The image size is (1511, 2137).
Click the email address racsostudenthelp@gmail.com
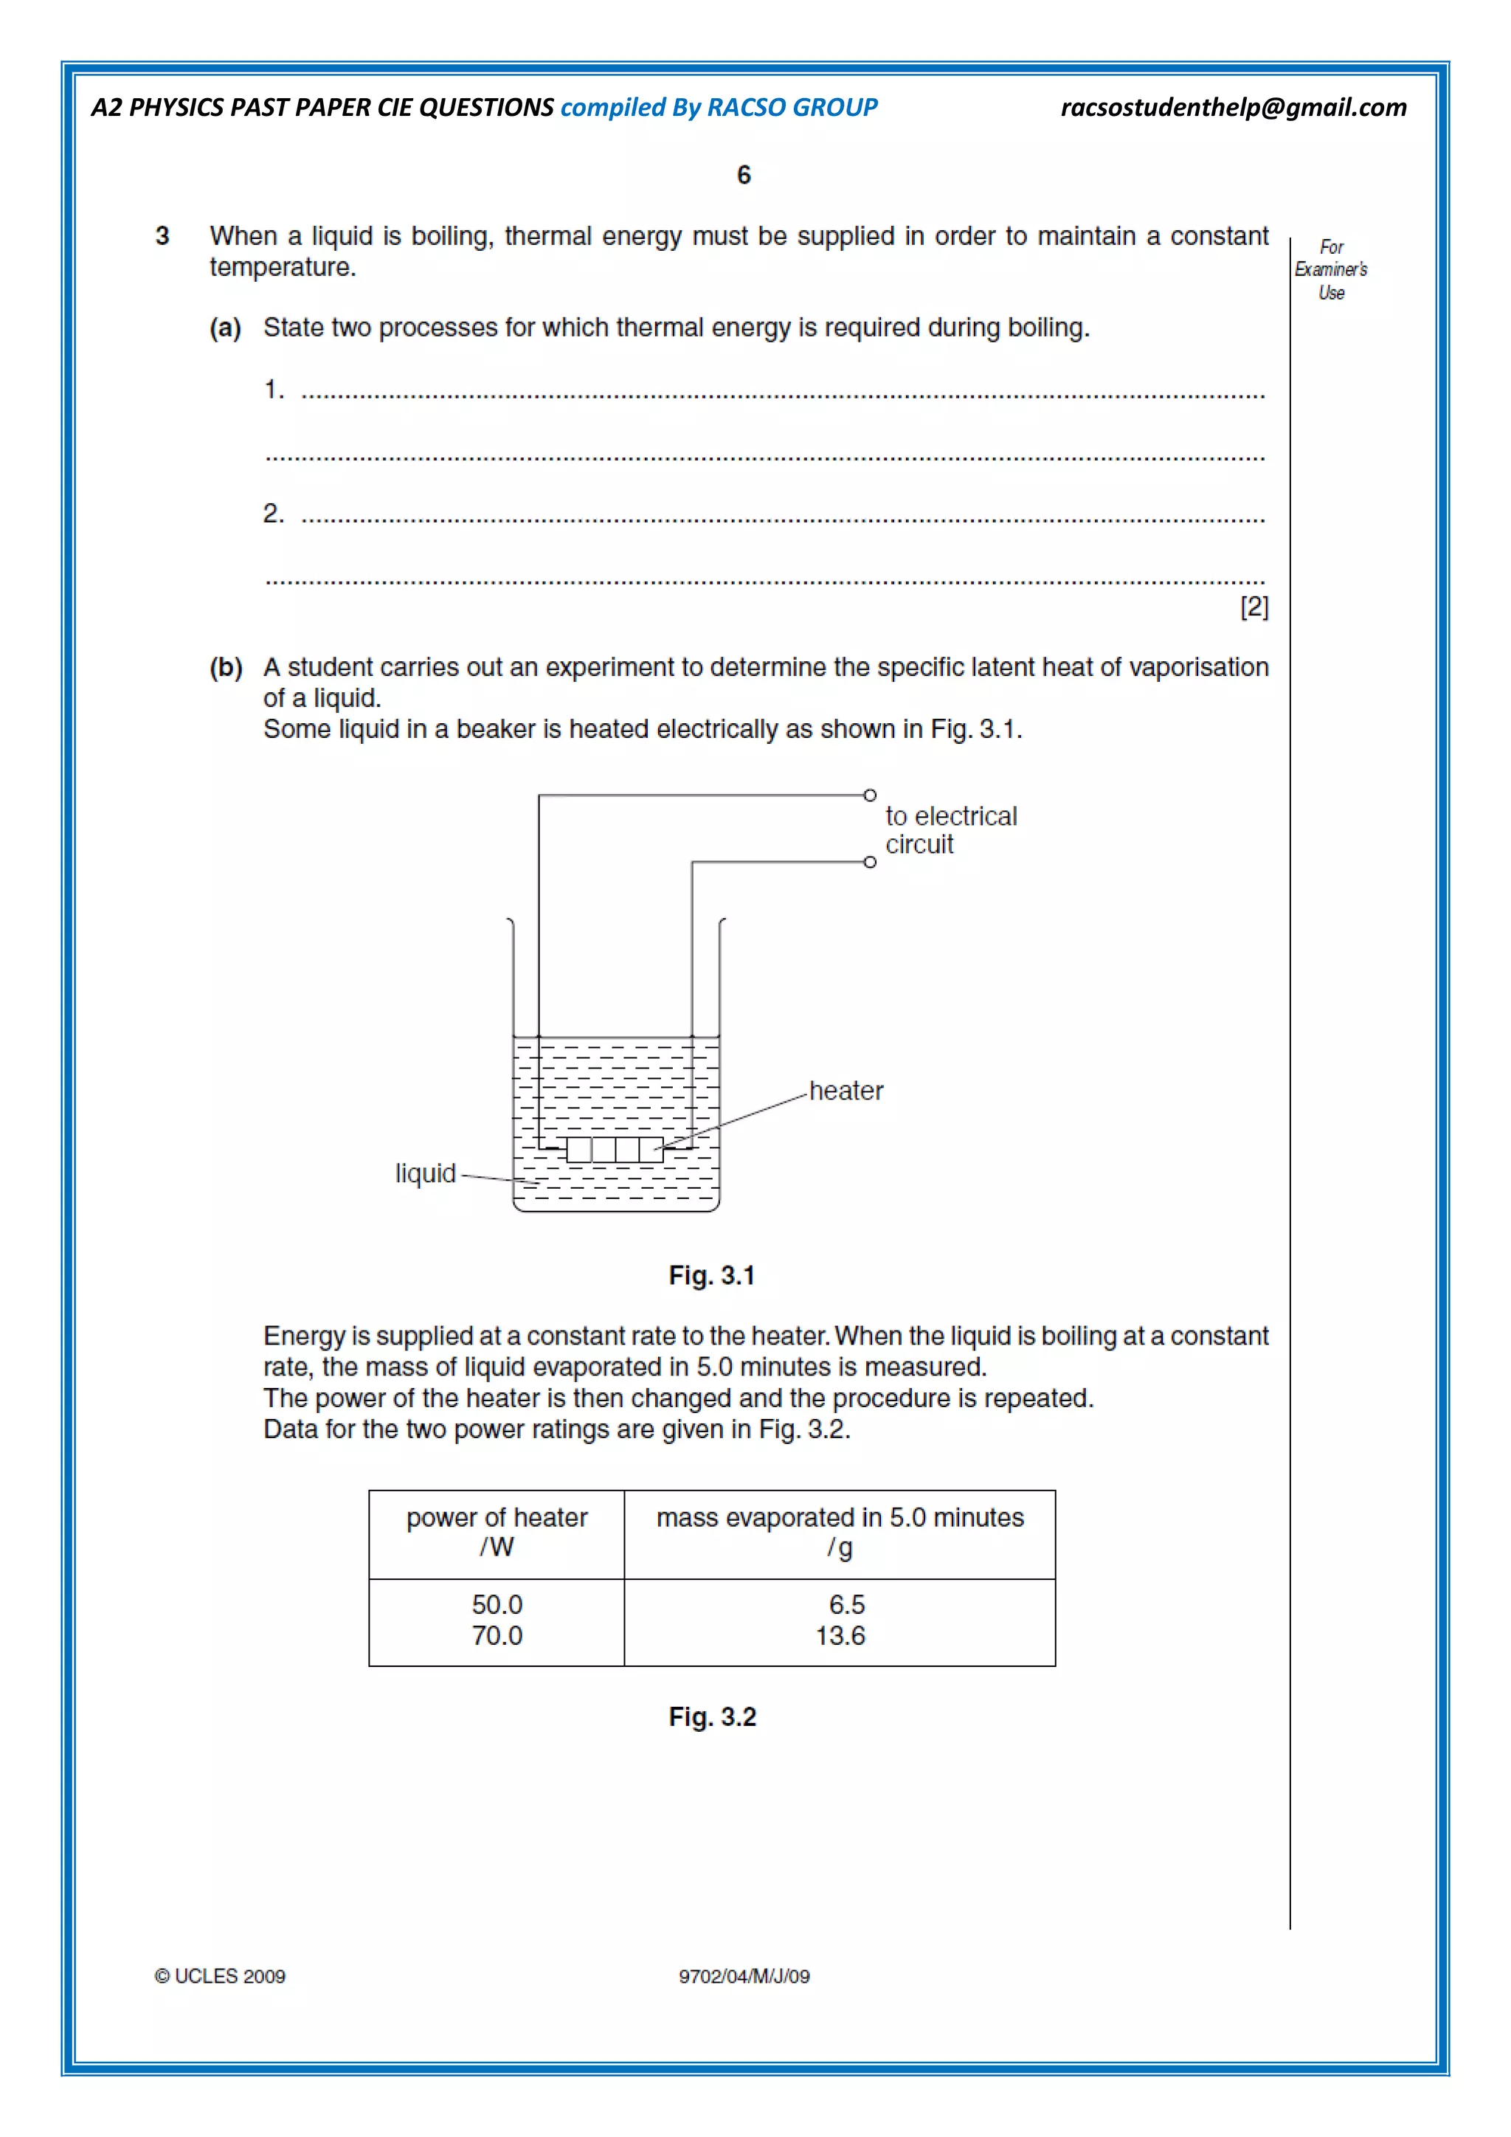pos(1233,108)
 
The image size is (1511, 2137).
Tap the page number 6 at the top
pos(744,175)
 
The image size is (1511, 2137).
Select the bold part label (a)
pos(225,328)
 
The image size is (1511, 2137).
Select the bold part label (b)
pos(225,667)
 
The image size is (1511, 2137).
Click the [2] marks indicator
pos(1254,607)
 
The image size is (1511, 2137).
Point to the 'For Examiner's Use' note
pos(1330,270)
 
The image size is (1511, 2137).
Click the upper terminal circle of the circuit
pos(870,795)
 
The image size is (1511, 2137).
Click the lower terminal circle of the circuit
pos(870,862)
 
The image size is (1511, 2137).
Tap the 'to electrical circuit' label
pos(950,830)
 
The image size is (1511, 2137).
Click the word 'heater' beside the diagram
pos(846,1091)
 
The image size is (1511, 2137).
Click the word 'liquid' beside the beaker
pos(425,1174)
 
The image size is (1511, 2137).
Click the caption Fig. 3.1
pos(712,1275)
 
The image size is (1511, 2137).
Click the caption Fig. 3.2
pos(712,1717)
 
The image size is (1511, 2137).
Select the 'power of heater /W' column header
pos(497,1532)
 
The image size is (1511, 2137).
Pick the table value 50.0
pos(497,1605)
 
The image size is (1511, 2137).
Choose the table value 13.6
pos(840,1635)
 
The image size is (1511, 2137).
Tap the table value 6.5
pos(847,1605)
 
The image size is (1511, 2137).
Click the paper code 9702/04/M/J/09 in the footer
pos(744,1976)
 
